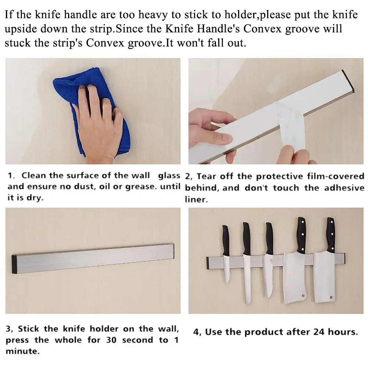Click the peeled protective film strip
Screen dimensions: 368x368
pos(291,127)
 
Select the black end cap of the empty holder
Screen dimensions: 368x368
pos(15,264)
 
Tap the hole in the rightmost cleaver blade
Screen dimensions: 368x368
pos(331,297)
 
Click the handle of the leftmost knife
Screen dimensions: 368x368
pos(226,241)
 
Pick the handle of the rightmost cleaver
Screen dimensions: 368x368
pos(331,235)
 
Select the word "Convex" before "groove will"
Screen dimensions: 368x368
pos(262,29)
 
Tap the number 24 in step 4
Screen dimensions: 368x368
pos(319,332)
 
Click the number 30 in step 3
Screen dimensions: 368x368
pos(111,340)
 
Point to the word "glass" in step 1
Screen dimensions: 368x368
pos(169,176)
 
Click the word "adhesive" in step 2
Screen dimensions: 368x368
pos(344,188)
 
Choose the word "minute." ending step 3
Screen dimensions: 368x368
pos(23,351)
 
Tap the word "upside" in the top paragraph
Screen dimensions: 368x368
pos(21,29)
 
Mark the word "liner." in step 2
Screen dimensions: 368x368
pos(196,199)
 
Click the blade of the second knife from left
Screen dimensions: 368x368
pos(247,279)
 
